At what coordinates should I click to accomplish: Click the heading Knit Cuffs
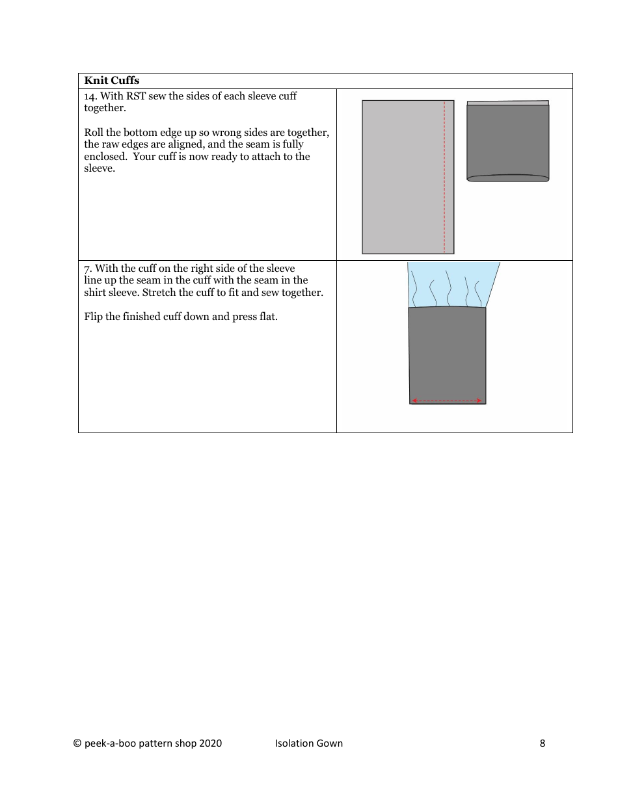pyautogui.click(x=111, y=81)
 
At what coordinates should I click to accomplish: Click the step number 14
pyautogui.click(x=90, y=96)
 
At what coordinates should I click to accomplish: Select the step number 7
pyautogui.click(x=87, y=269)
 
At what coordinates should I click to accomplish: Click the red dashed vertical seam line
pyautogui.click(x=444, y=176)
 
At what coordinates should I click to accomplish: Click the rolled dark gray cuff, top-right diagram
pyautogui.click(x=507, y=142)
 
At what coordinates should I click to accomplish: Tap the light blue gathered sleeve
pyautogui.click(x=453, y=284)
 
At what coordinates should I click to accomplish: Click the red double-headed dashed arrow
pyautogui.click(x=447, y=401)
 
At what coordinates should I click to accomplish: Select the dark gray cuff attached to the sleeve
pyautogui.click(x=447, y=351)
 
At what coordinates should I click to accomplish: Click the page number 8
pyautogui.click(x=543, y=743)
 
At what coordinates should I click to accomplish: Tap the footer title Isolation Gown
pyautogui.click(x=308, y=743)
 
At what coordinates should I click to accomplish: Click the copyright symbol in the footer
pyautogui.click(x=77, y=743)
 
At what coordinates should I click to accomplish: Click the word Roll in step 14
pyautogui.click(x=94, y=133)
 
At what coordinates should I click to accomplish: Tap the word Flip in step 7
pyautogui.click(x=94, y=317)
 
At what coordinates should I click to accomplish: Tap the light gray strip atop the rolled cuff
pyautogui.click(x=507, y=103)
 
